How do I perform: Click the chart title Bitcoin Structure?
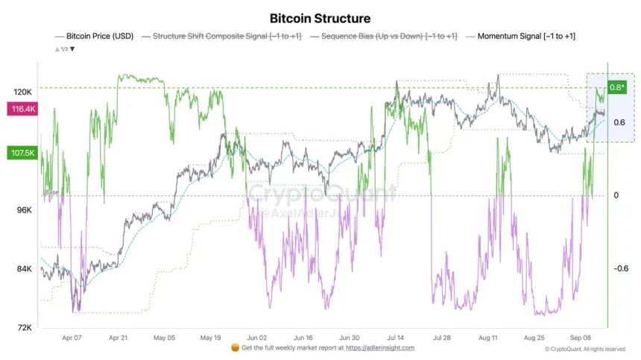click(319, 17)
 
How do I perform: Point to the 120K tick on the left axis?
click(22, 92)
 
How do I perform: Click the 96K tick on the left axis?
click(23, 210)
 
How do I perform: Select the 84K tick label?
click(23, 269)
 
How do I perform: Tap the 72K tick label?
click(23, 327)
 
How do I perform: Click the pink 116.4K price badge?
click(21, 110)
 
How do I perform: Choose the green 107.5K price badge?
click(21, 153)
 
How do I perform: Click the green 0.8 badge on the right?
click(617, 87)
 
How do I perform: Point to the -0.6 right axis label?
click(621, 269)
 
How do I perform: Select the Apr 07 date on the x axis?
click(72, 337)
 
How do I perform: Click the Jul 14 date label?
click(396, 337)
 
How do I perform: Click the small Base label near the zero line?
click(52, 192)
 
